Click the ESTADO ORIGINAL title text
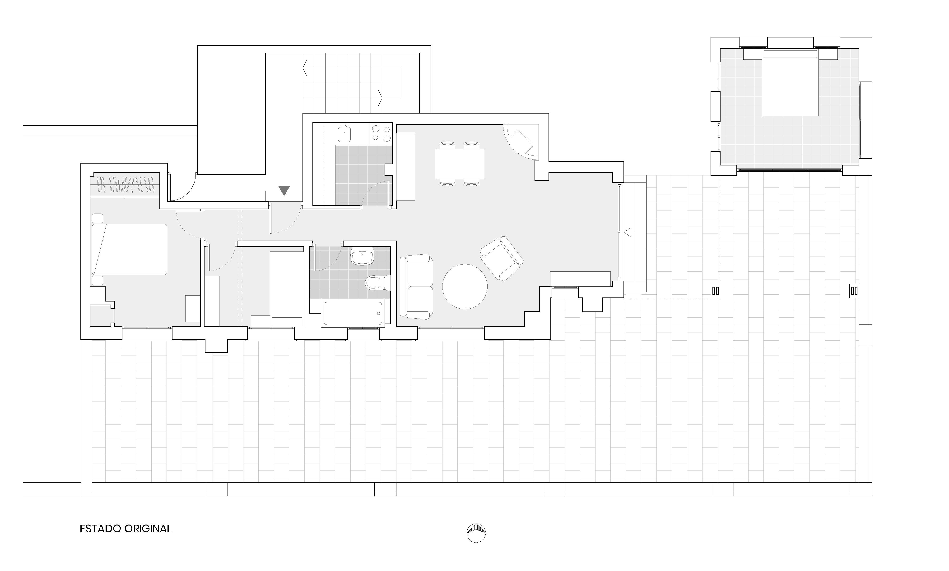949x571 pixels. pyautogui.click(x=126, y=529)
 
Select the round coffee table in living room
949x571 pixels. pyautogui.click(x=465, y=287)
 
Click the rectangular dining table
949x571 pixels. pyautogui.click(x=460, y=164)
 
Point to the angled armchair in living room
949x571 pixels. pyautogui.click(x=502, y=258)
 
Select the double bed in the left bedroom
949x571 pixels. pyautogui.click(x=129, y=249)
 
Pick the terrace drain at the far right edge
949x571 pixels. pyautogui.click(x=854, y=291)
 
